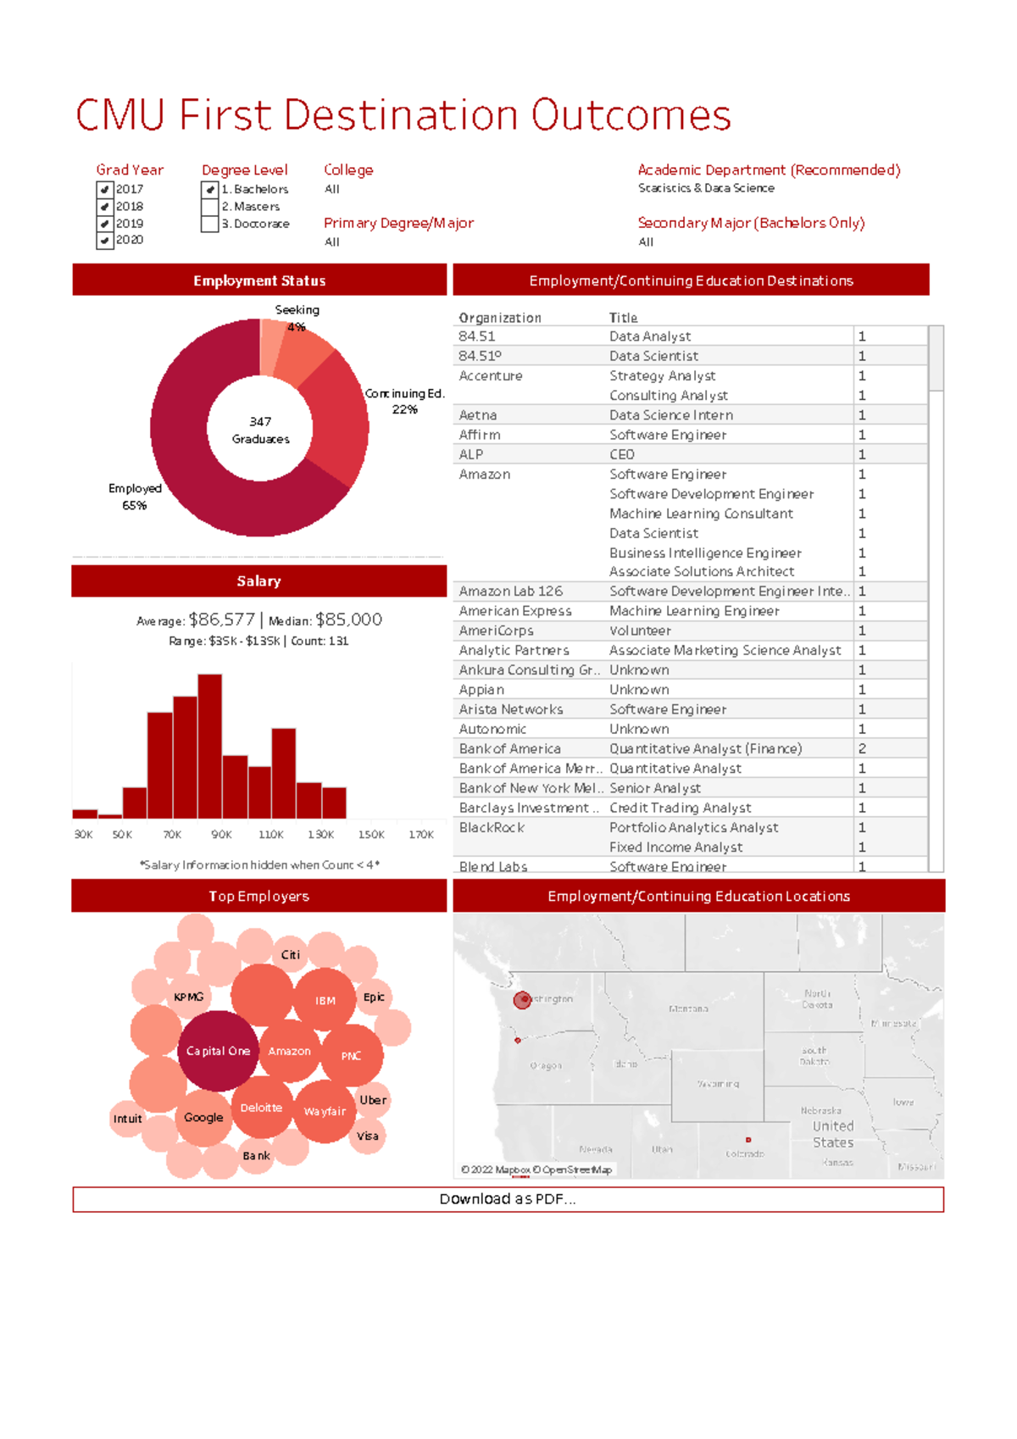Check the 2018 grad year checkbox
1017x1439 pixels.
(x=105, y=207)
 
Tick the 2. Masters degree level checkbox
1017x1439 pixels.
(x=209, y=207)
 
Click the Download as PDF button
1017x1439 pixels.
(x=508, y=1199)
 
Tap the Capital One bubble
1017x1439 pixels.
(x=218, y=1051)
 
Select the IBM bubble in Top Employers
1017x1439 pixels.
(x=325, y=1001)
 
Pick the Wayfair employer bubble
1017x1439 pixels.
(x=325, y=1111)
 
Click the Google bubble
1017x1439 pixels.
(x=203, y=1118)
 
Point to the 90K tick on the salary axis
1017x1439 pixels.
(x=221, y=835)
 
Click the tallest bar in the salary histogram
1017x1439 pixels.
(x=209, y=746)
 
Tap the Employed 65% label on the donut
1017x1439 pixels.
(x=135, y=497)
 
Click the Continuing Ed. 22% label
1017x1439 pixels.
(x=405, y=401)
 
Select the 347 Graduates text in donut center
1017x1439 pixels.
(x=260, y=430)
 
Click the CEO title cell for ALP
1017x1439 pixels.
(x=622, y=454)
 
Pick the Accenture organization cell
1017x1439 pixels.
(x=491, y=375)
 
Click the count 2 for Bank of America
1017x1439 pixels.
(x=862, y=748)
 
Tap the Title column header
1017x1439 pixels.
(x=623, y=318)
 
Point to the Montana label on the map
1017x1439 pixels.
(x=688, y=1008)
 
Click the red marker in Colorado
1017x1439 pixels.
(x=748, y=1140)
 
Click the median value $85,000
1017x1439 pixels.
(x=348, y=619)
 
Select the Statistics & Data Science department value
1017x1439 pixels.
(x=706, y=188)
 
